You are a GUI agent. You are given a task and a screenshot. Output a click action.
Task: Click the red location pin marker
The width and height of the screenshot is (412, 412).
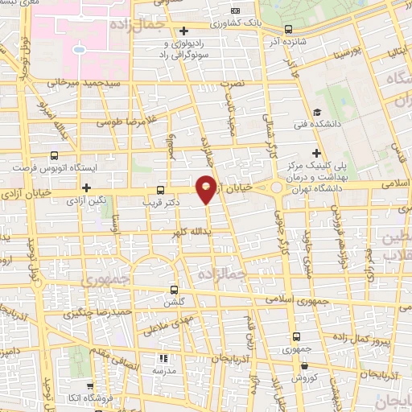pos(207,188)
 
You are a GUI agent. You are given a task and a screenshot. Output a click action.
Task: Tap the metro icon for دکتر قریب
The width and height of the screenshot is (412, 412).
pos(160,192)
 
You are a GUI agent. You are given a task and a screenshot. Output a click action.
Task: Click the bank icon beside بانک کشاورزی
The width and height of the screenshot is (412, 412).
pos(235,10)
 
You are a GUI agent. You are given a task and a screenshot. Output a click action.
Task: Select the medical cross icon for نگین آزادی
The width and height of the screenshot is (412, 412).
pos(86,187)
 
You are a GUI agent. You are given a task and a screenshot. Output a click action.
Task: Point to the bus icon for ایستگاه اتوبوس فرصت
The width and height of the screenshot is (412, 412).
pos(54,156)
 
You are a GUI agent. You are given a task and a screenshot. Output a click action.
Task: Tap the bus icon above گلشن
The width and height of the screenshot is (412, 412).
pos(174,290)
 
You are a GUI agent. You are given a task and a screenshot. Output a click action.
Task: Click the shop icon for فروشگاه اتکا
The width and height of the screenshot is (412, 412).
pos(98,386)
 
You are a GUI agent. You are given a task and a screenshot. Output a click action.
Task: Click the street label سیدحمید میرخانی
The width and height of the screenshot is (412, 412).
pos(84,83)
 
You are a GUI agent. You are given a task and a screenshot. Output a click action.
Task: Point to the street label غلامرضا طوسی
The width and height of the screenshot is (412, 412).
pos(128,123)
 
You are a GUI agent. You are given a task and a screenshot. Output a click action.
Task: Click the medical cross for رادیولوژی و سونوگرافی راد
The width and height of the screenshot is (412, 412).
pos(184,31)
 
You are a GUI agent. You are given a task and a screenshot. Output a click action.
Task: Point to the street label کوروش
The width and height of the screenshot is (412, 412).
pos(301,377)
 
